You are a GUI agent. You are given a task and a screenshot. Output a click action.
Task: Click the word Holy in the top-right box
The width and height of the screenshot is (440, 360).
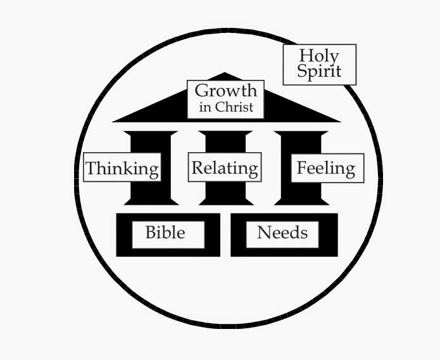(319, 56)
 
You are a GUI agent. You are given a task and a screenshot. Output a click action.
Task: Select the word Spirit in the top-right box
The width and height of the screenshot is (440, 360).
(319, 72)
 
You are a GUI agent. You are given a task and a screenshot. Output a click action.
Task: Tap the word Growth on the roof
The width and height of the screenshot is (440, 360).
(226, 91)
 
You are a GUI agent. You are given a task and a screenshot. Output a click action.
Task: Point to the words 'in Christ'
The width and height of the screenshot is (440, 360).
(226, 107)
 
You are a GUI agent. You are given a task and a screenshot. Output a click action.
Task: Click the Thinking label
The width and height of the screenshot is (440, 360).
(122, 168)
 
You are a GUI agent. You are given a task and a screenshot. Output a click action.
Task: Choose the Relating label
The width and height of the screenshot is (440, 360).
(225, 168)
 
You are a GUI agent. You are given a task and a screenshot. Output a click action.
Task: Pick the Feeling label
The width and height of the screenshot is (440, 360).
(326, 168)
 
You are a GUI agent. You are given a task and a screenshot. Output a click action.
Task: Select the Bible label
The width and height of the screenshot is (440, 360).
(165, 233)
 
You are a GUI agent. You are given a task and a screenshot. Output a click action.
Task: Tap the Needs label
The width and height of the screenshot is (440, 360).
(282, 233)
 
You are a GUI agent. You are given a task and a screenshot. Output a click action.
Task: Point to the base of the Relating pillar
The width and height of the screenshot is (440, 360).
(226, 201)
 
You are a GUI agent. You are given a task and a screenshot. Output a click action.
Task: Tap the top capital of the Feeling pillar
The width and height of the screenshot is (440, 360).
(301, 134)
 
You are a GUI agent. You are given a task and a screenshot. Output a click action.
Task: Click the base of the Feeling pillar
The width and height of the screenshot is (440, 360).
(301, 201)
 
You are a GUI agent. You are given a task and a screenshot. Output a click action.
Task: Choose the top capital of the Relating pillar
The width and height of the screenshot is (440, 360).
(226, 134)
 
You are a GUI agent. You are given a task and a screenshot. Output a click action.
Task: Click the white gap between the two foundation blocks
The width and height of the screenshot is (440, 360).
(225, 235)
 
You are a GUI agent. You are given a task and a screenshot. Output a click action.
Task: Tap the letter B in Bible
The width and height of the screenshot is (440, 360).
(150, 233)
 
